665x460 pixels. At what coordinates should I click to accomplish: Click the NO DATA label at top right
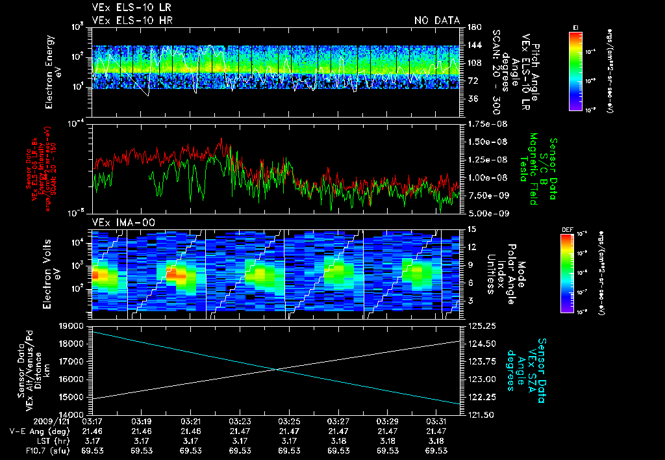click(x=436, y=21)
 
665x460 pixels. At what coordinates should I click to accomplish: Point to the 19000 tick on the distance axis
click(x=76, y=326)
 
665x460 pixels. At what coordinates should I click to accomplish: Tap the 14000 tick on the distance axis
click(x=76, y=414)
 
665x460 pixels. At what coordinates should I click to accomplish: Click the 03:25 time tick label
click(x=289, y=422)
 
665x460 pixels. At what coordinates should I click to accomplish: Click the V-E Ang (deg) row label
click(x=36, y=431)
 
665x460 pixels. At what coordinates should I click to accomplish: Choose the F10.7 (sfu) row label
click(x=44, y=450)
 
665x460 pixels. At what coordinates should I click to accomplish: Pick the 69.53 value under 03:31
click(x=436, y=450)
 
